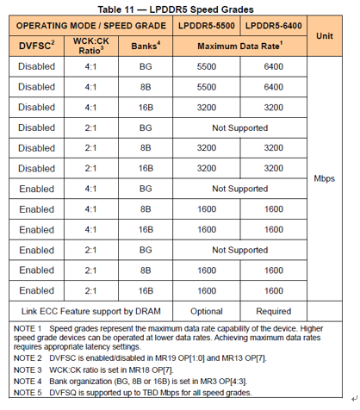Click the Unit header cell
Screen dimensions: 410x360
point(324,36)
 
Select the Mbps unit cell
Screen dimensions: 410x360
point(324,179)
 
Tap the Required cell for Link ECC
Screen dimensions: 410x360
point(274,309)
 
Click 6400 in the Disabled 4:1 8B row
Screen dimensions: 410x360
point(274,86)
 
